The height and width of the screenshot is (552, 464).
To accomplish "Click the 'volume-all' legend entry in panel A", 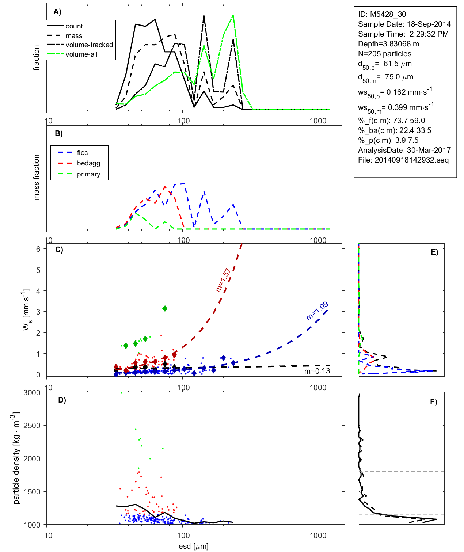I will coord(81,54).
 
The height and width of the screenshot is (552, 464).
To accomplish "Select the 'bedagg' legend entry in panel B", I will coord(88,163).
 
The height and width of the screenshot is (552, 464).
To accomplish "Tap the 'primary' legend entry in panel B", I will coord(88,174).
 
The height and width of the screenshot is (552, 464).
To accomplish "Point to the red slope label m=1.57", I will coord(223,280).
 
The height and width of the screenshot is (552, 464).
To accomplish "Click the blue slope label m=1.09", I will coord(317,311).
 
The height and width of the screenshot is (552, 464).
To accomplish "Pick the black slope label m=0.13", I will coord(317,371).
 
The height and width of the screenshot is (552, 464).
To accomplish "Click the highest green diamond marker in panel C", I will coord(165,309).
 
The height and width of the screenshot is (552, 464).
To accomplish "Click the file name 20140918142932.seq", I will coord(412,160).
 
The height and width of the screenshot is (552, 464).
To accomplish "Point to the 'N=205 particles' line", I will coord(385,54).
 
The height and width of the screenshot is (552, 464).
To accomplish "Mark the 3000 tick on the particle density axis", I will coord(32,393).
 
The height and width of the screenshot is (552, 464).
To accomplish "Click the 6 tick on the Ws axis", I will coord(38,249).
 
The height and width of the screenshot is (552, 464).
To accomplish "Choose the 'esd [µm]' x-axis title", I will coord(193,546).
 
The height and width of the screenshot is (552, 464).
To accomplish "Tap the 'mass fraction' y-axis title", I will coord(37,177).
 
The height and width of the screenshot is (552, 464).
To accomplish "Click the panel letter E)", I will coord(434,252).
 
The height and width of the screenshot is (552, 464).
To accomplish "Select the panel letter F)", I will coord(433,402).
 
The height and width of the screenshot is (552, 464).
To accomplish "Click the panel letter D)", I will coord(62,400).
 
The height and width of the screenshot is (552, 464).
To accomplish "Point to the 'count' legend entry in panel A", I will coord(74,26).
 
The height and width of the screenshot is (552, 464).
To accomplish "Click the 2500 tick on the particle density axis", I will coord(32,426).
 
